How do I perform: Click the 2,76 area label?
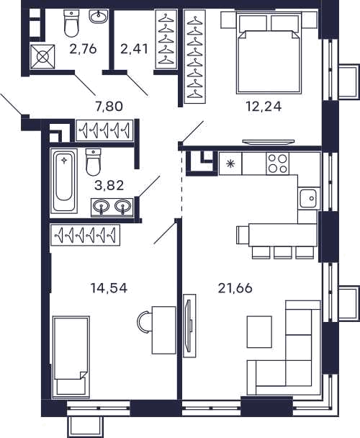click(83, 49)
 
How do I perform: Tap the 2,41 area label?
click(134, 49)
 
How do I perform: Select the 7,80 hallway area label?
click(109, 107)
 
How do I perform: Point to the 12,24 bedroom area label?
click(264, 107)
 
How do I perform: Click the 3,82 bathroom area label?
click(109, 185)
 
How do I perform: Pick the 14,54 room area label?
click(109, 288)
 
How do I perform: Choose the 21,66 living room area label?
click(235, 288)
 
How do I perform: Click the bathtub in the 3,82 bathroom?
click(64, 181)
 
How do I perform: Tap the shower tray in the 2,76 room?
click(42, 57)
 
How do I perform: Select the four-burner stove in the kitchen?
click(278, 164)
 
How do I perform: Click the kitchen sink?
click(309, 198)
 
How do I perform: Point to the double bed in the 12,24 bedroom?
click(269, 53)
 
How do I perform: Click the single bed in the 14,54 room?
click(71, 357)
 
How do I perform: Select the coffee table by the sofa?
click(259, 332)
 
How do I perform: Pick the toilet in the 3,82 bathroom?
click(93, 162)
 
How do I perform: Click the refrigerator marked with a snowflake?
click(230, 164)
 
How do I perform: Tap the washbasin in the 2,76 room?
click(99, 17)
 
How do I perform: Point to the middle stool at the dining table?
click(283, 253)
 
